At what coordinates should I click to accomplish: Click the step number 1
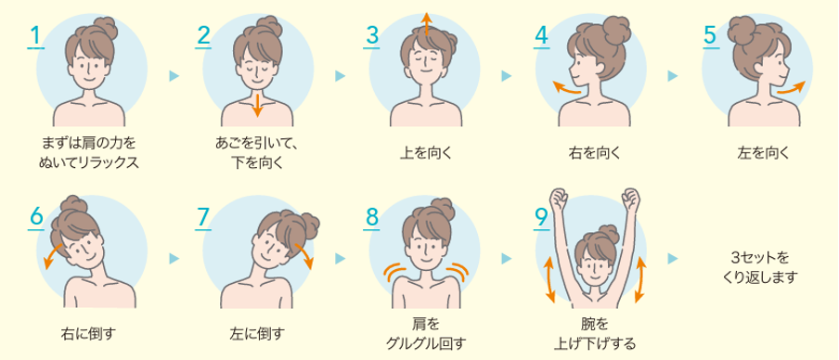coord(34,36)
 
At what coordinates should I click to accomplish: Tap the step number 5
coord(709,36)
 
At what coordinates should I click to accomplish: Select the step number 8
coord(371,218)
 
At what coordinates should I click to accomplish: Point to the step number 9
coord(541,218)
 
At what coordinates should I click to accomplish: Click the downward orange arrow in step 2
coord(257,105)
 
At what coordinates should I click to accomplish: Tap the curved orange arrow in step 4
coord(567,88)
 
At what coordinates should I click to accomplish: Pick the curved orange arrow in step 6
coord(52,253)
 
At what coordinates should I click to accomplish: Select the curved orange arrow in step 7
coord(304,253)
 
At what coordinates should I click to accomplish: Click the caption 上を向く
coord(426,153)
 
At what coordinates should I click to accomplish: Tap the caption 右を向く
coord(594,153)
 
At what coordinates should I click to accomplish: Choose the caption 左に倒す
coord(258,334)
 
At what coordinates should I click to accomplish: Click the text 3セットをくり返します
coord(759,268)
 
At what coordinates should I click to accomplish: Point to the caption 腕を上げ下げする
coord(594,334)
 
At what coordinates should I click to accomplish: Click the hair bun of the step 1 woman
coord(106,29)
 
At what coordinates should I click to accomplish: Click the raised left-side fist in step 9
coord(558,199)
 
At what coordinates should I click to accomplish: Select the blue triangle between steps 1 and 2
coord(174,76)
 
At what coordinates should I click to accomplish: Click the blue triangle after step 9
coord(673,258)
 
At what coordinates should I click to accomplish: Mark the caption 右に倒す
coord(88,334)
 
